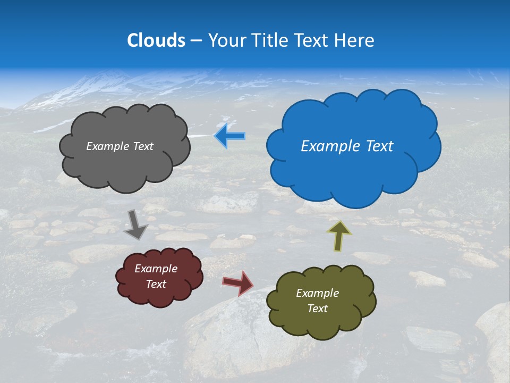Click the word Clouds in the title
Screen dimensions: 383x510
pos(156,40)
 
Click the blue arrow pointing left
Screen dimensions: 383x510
pos(229,136)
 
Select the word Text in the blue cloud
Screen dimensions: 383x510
pos(379,146)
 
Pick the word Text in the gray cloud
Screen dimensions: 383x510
pos(142,146)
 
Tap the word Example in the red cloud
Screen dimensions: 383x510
pos(156,269)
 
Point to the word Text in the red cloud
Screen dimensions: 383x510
pos(156,284)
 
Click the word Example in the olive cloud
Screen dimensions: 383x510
pos(317,293)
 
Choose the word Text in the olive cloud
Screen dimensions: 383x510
pos(317,309)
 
